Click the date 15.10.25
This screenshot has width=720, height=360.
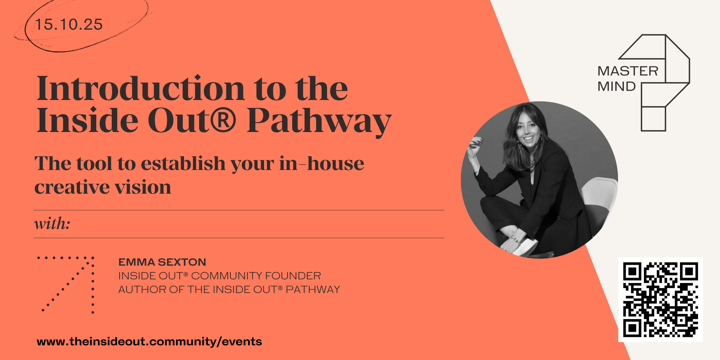[x=69, y=25]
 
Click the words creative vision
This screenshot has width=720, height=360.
[x=103, y=187]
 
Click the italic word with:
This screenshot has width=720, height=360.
[x=52, y=223]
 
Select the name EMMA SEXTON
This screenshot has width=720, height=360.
[x=162, y=262]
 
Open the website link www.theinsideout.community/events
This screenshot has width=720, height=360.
[x=149, y=342]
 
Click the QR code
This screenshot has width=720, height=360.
[x=661, y=300]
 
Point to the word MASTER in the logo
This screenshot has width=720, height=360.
[x=628, y=71]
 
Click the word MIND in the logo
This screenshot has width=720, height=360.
[x=617, y=86]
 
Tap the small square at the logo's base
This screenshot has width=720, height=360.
[x=653, y=119]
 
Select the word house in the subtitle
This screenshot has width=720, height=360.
[x=335, y=163]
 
